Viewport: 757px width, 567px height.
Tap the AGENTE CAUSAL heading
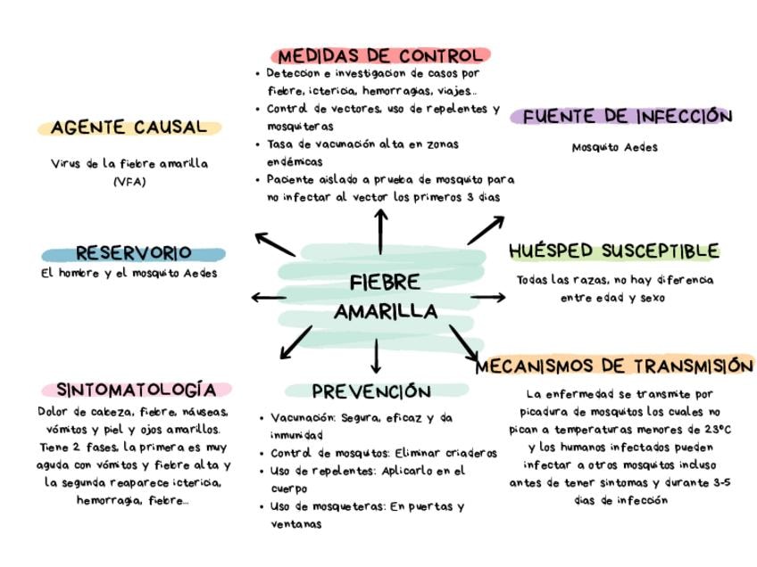(x=129, y=127)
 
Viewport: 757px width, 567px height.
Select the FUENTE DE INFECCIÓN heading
(x=627, y=117)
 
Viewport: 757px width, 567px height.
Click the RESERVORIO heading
(x=133, y=253)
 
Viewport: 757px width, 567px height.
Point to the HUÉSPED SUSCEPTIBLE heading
(x=613, y=251)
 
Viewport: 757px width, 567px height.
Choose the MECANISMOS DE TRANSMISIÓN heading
(x=614, y=366)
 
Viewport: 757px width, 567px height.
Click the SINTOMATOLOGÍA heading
(x=136, y=390)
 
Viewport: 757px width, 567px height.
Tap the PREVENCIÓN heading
(x=371, y=391)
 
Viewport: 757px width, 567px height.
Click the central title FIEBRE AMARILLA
(x=386, y=297)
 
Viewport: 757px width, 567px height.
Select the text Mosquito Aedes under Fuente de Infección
(x=614, y=147)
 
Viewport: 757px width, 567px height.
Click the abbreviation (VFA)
(x=129, y=182)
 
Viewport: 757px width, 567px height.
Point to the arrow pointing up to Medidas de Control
(x=381, y=231)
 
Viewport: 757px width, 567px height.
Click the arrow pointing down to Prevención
(x=376, y=356)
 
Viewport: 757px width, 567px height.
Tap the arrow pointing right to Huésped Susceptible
(x=487, y=297)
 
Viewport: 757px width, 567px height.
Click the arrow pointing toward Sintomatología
(x=296, y=342)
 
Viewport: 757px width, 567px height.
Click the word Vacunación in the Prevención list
(x=303, y=416)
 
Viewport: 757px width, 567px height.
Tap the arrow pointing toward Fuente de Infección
(x=486, y=230)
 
